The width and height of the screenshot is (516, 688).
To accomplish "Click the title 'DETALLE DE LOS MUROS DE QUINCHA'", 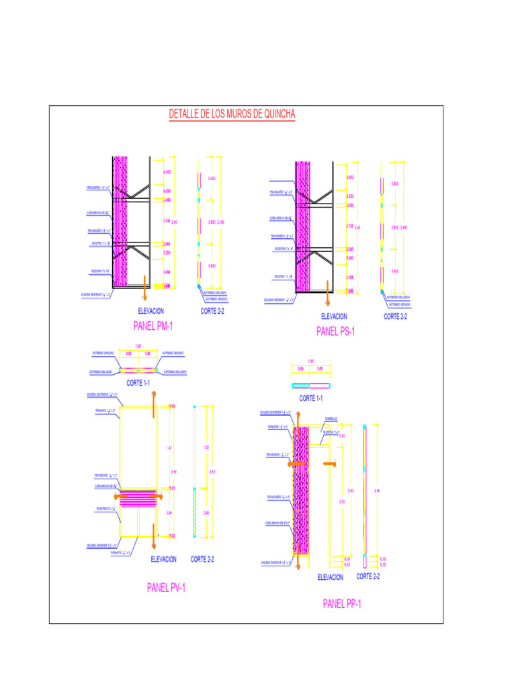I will coord(232,114).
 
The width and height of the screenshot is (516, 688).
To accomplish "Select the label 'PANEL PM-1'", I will coord(154,327).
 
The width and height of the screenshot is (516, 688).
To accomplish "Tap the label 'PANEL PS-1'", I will coord(336,331).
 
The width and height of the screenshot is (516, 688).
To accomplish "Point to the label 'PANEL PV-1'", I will coord(166,588).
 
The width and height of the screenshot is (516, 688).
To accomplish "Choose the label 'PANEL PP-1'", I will coord(342,604).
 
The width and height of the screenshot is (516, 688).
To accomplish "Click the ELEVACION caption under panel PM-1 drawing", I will coord(150,311).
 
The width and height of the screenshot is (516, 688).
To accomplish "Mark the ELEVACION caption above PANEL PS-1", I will coord(334,316).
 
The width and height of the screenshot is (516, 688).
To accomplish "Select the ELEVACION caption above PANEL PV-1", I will coord(164,559).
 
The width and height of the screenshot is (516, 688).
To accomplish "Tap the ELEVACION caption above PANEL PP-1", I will coord(330,577).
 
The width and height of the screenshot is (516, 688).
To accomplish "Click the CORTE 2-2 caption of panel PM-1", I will coord(212,311).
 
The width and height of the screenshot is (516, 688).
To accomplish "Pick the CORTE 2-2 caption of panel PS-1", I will coord(395,316).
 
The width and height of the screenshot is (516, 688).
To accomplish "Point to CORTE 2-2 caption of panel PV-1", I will coord(202,559).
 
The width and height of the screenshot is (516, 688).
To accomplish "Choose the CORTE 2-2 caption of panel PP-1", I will coord(368,576).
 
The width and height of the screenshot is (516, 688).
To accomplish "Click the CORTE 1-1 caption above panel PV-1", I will coord(138,383).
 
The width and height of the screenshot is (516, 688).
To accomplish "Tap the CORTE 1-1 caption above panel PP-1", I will coord(311,398).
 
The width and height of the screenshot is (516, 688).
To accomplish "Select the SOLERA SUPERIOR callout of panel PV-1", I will coord(102,394).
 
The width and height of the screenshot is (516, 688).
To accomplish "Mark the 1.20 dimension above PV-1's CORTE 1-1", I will coord(138,347).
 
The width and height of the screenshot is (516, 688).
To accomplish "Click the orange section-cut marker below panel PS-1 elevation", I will coord(328,286).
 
